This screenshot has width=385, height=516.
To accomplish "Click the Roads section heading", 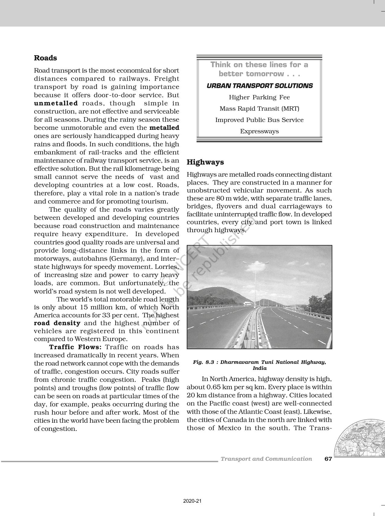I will click(45, 58).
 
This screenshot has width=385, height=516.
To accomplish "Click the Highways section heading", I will click(205, 162).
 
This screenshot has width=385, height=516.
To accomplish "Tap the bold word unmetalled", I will click(56, 103).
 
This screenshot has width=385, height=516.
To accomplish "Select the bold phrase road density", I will click(57, 323).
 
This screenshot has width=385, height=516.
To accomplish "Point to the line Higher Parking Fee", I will click(259, 97).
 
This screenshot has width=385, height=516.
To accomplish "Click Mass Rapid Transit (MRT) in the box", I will click(259, 109).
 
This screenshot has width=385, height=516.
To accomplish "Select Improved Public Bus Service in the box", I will click(259, 120).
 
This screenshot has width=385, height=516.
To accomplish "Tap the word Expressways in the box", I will click(259, 131).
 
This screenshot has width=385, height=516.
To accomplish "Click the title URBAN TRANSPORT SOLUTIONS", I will click(259, 86).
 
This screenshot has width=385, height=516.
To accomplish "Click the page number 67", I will click(328, 459).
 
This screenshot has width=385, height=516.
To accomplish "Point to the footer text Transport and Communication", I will click(266, 459).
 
